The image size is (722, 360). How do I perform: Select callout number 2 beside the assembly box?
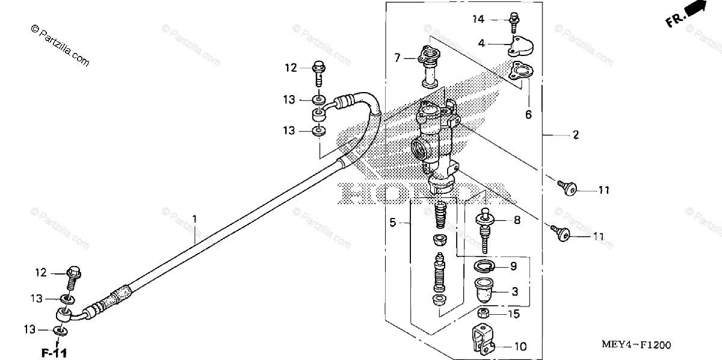pos(575,135)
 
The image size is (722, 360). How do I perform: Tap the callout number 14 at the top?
pos(478,20)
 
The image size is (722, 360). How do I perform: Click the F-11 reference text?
pos(54,352)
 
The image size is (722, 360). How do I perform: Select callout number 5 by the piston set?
pos(392,223)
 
